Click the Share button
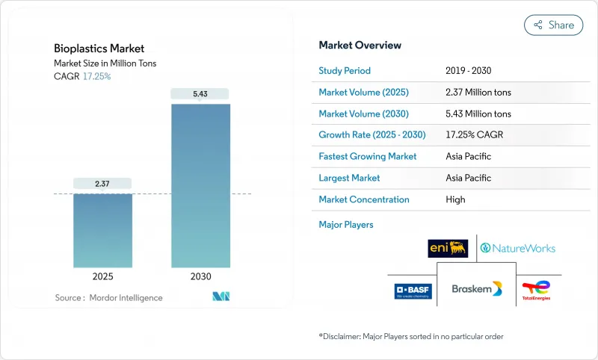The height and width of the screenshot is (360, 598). (554, 25)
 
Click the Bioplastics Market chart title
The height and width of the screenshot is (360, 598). (99, 49)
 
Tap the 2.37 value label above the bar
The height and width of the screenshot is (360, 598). (102, 183)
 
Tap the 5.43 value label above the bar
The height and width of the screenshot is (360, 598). (200, 93)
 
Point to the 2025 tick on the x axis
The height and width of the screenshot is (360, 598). (102, 276)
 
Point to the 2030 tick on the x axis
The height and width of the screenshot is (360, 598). (200, 276)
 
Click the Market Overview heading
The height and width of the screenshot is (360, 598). (360, 46)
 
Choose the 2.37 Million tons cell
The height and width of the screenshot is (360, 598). (478, 93)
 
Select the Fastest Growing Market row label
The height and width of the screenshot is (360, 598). (367, 157)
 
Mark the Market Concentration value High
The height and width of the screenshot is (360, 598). (454, 199)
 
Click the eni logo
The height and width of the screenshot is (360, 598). (448, 248)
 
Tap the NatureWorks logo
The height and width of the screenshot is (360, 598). (518, 248)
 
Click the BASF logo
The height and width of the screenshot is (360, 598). (413, 290)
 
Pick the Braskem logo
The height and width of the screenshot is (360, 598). (477, 288)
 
